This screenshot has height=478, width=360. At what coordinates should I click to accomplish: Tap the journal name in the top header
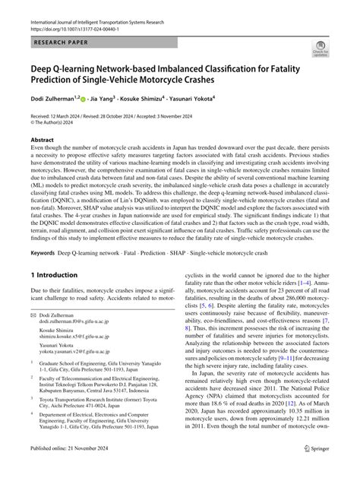click(112, 8)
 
